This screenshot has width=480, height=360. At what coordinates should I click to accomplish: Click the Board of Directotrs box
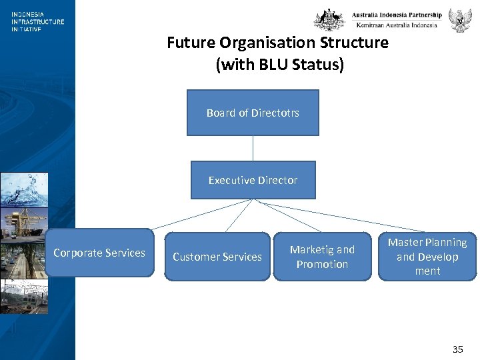pos(253,113)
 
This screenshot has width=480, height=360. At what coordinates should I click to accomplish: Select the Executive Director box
pos(253,180)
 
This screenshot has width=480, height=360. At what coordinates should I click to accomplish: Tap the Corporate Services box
pos(99,253)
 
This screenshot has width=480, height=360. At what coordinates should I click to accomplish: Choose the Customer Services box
pos(217,257)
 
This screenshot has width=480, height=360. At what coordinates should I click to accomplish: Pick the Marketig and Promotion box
pos(322,257)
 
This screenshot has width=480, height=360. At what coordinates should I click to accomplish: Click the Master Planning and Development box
pos(427,256)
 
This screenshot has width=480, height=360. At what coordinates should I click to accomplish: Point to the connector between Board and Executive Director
pos(253,148)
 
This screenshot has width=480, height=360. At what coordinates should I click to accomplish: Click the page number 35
pos(457,349)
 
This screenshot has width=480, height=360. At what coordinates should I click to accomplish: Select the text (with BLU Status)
pos(279,65)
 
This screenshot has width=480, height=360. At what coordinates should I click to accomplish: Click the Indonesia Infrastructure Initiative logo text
pos(37,21)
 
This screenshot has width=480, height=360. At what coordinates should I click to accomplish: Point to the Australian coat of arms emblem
pos(330,19)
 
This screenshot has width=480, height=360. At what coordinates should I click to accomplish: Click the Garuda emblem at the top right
pos(460,20)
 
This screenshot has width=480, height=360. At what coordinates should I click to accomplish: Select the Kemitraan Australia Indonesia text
pos(397,25)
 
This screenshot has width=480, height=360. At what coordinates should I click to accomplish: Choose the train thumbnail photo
pos(24,297)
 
